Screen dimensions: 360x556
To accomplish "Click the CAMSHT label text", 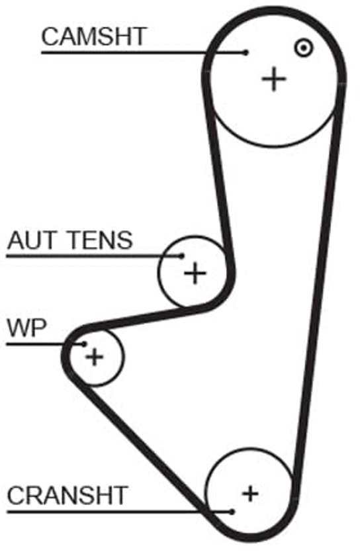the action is click(x=93, y=36).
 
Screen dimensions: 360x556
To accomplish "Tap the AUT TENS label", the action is click(x=70, y=240).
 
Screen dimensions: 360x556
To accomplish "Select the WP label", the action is click(x=27, y=328).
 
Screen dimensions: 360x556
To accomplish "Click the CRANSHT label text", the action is click(x=67, y=495).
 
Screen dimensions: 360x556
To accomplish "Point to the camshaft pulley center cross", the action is click(x=273, y=79).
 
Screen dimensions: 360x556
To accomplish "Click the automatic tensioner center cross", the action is click(x=195, y=273).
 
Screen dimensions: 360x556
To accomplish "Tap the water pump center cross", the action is click(x=95, y=357).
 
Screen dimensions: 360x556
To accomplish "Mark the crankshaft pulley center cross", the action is click(x=250, y=494).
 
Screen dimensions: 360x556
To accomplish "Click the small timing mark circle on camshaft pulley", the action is click(x=304, y=48).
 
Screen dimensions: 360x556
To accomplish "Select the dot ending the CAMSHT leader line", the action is click(x=246, y=52).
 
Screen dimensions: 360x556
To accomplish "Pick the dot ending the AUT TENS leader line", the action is click(x=182, y=255).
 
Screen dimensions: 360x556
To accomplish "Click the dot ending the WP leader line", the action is click(x=85, y=344).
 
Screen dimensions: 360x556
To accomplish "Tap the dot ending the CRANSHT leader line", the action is click(x=232, y=512).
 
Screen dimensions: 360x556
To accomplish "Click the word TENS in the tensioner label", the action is click(x=101, y=240).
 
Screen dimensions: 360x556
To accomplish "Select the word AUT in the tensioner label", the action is click(x=32, y=240).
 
